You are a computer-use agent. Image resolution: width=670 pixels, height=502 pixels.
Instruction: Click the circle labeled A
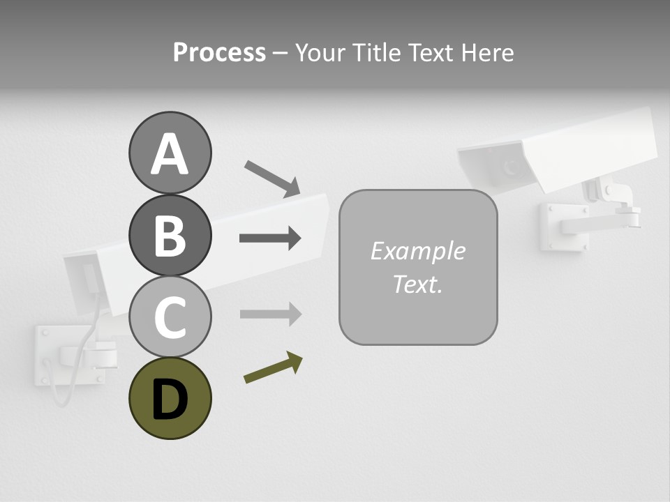point(170,153)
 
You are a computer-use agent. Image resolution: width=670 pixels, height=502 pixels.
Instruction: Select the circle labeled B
point(170,235)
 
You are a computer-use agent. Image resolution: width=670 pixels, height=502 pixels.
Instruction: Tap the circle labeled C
point(170,317)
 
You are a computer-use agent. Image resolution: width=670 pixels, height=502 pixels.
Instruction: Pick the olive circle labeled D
point(170,398)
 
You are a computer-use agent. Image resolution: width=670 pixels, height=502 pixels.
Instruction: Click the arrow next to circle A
point(271,178)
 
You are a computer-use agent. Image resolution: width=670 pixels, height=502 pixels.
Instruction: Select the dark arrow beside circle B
point(270,238)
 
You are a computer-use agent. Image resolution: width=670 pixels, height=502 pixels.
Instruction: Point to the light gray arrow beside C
point(270,314)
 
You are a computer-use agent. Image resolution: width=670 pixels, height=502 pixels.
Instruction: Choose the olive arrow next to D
point(273,367)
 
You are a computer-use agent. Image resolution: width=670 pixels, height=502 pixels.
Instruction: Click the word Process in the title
point(219,52)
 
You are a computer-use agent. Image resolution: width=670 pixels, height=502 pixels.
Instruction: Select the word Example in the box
point(417,251)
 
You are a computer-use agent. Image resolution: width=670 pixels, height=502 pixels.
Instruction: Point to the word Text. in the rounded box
point(417,284)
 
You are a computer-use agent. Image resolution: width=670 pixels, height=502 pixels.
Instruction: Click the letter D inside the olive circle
point(170,399)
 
